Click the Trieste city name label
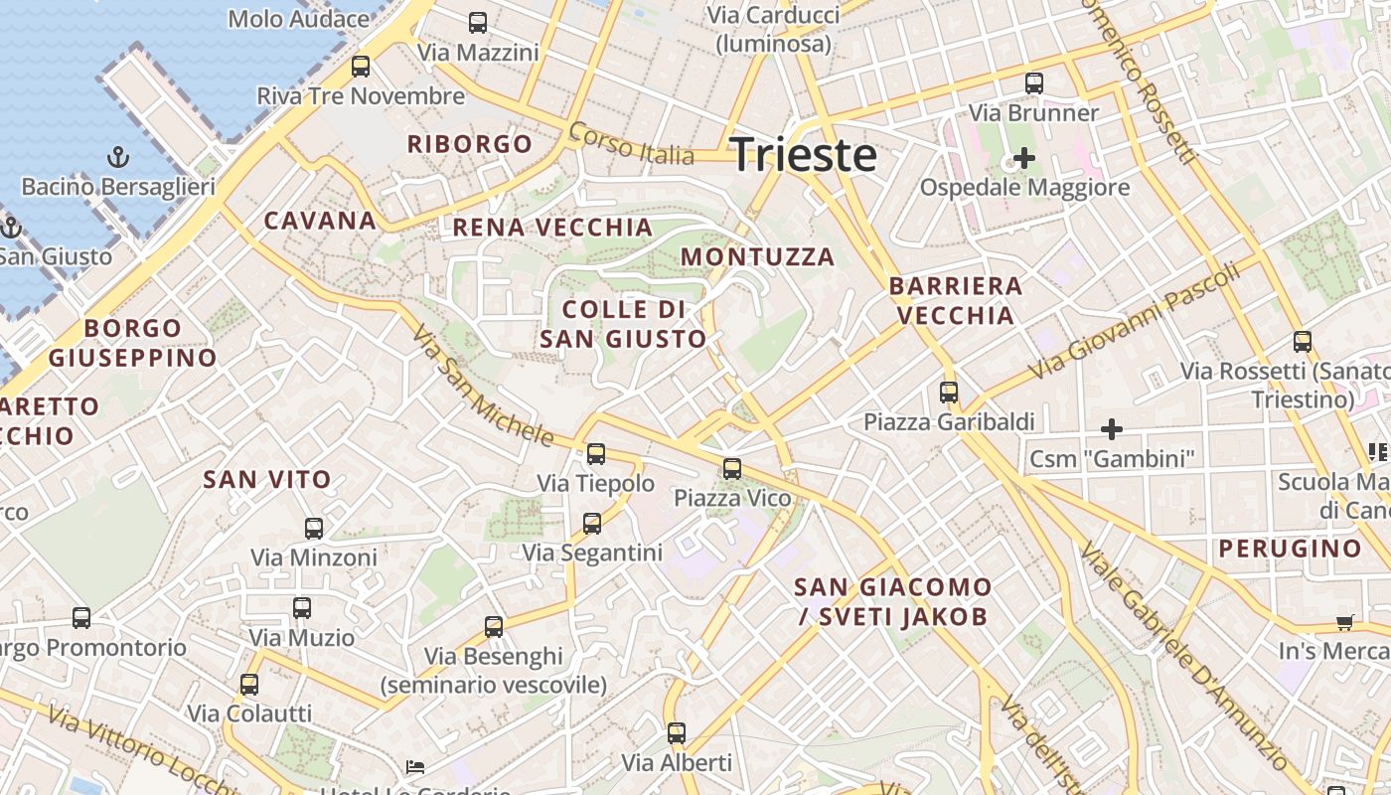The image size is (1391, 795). coord(804,155)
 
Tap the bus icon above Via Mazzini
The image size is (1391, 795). coord(478,22)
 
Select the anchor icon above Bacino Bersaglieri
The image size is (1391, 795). coord(118,157)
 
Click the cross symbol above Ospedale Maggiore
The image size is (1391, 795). coord(1023,158)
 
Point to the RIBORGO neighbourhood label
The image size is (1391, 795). coord(470,144)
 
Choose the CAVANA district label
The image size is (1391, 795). coord(320,221)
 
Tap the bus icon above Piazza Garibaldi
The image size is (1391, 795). coord(949,393)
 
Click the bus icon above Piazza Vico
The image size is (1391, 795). coord(732,468)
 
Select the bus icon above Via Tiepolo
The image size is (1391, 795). coord(596,454)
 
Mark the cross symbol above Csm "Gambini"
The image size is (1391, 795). coord(1112,429)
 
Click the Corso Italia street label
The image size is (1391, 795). coord(631,144)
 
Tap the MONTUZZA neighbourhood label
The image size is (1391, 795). coord(757,256)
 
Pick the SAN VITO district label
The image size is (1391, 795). coord(267,479)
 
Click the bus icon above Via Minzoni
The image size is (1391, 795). coord(314,528)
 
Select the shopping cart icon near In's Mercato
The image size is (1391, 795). coord(1344,623)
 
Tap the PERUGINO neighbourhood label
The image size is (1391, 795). coord(1290,549)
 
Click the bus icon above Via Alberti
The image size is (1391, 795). coord(677,733)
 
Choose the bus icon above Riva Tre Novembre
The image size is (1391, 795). coord(361,67)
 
